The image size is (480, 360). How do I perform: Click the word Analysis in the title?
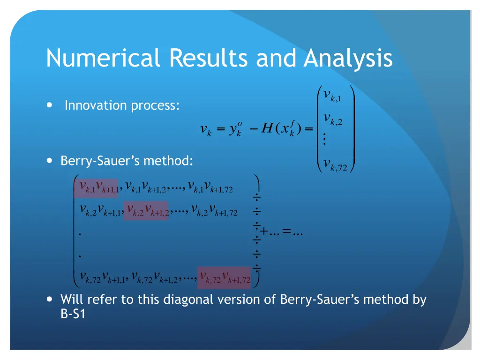coord(348,59)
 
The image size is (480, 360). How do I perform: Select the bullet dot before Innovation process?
coord(50,105)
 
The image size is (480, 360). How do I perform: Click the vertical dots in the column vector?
coord(324,140)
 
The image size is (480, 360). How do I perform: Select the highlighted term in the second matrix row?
coord(146,210)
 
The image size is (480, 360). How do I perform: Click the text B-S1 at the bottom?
coord(73,314)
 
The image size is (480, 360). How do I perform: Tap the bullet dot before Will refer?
coord(50,299)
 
